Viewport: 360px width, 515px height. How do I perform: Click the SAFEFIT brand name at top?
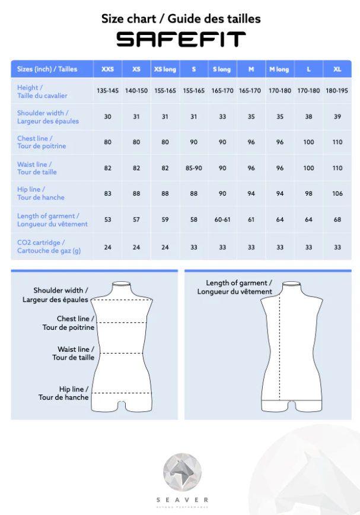(180, 40)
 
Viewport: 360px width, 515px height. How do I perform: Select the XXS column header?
(107, 69)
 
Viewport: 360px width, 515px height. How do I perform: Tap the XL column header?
(337, 69)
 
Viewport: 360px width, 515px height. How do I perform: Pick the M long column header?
(279, 69)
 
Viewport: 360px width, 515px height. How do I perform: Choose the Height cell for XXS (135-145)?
(107, 91)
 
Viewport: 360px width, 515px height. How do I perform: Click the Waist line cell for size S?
(193, 168)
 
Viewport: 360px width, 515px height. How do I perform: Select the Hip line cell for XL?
(337, 193)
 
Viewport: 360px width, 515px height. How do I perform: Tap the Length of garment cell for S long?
(222, 220)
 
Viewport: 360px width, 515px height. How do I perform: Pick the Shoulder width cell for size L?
(308, 117)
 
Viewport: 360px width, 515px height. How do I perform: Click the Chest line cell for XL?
(337, 142)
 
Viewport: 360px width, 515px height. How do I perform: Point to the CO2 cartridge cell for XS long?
(165, 247)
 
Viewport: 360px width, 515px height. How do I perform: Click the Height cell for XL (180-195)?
(337, 91)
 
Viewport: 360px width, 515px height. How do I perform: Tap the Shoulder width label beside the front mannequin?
(56, 295)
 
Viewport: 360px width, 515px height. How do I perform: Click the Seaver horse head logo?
(183, 472)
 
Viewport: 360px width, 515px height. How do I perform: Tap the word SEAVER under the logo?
(183, 500)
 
